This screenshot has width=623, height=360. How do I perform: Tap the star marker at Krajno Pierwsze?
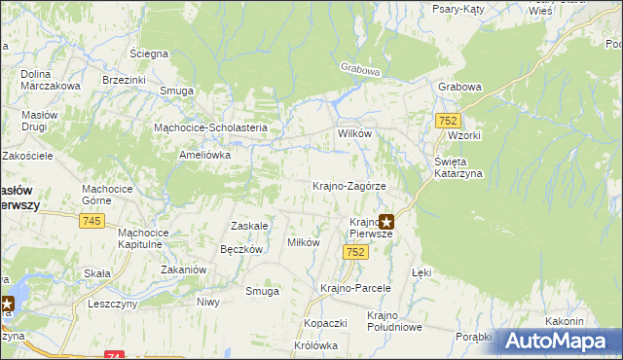tap(386, 222)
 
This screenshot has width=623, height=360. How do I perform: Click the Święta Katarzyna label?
tap(452, 167)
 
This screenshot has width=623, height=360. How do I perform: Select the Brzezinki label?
tap(123, 81)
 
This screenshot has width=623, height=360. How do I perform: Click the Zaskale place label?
tap(248, 226)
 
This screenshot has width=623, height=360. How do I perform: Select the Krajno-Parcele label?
tap(355, 288)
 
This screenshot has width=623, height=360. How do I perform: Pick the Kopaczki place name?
tap(325, 322)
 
